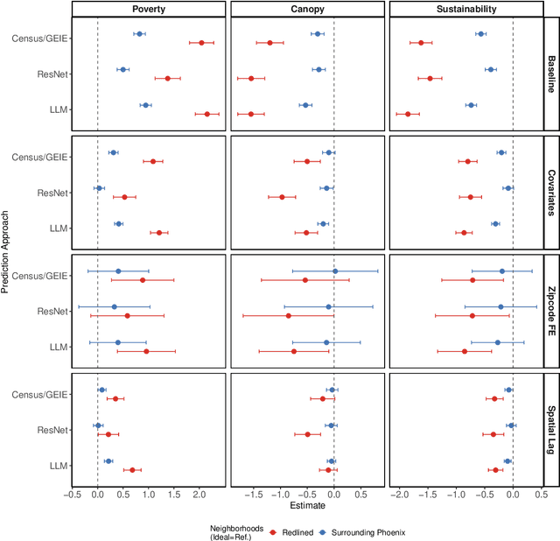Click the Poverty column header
click(147, 9)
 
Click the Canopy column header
click(306, 9)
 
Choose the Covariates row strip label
click(551, 193)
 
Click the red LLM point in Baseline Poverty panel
click(207, 114)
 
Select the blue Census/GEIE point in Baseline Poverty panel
click(139, 34)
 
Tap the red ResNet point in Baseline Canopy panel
click(251, 78)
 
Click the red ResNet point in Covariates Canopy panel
click(282, 197)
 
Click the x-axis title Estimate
click(306, 505)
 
